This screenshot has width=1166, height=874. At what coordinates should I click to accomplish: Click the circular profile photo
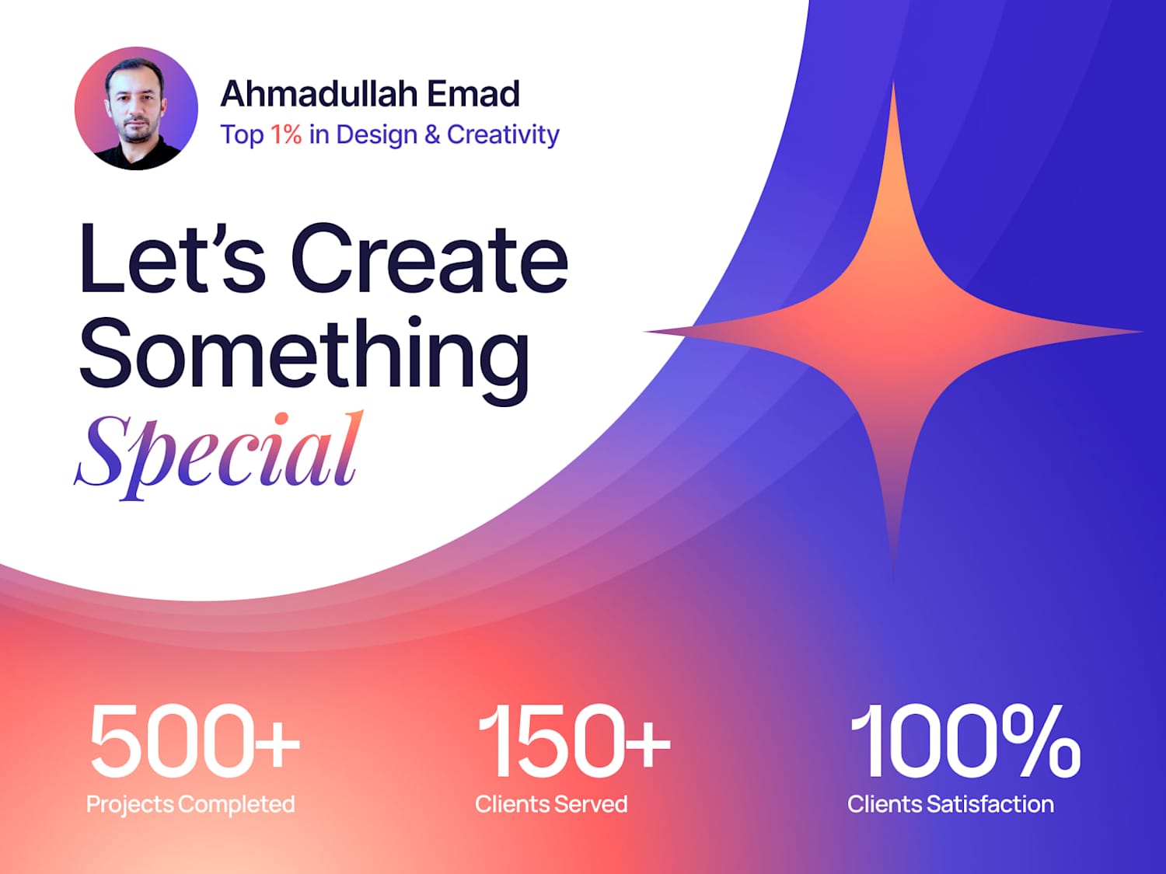136,108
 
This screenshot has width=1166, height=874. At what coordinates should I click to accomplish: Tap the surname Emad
473,93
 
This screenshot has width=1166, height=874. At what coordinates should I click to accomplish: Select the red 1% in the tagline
286,134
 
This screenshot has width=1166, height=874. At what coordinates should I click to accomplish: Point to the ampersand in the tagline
432,134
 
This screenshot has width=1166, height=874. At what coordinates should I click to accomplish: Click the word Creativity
502,134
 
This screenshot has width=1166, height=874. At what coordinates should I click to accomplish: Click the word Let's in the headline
172,258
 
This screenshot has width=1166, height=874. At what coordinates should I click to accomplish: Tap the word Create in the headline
429,258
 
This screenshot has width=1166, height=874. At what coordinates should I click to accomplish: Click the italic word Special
218,455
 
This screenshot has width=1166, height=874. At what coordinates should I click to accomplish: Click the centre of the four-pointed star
893,331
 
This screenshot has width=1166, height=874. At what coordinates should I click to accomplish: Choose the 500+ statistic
195,741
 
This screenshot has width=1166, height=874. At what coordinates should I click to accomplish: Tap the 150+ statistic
574,741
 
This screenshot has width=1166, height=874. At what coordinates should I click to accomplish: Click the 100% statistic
965,741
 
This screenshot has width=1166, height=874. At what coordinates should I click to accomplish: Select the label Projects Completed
190,805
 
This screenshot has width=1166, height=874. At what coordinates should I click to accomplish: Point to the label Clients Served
551,804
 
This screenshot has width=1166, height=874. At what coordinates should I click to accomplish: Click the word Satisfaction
990,804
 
